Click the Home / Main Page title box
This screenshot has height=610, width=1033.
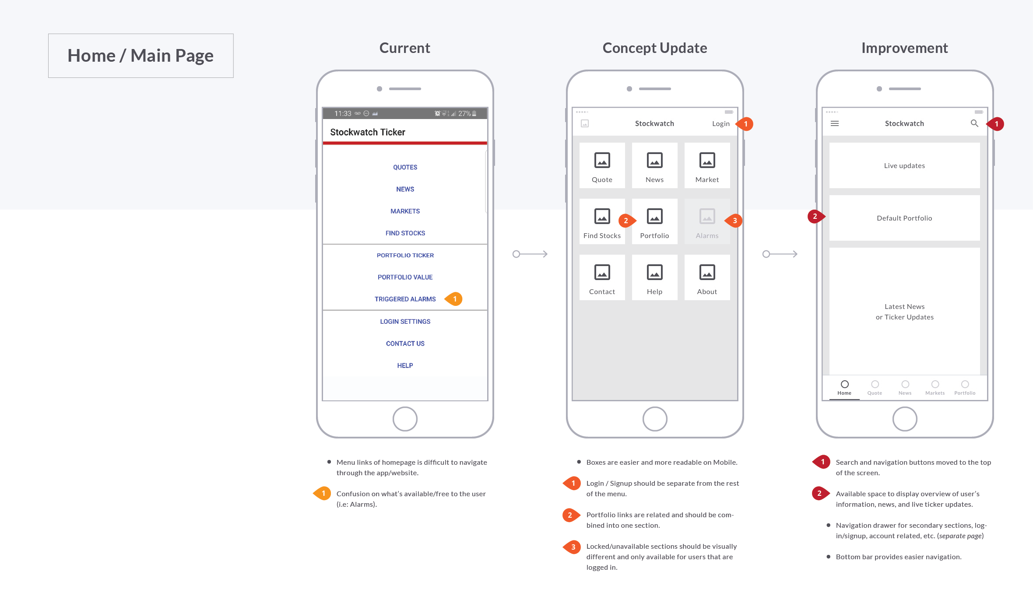tap(141, 56)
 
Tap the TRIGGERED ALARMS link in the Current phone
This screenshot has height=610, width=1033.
tap(405, 299)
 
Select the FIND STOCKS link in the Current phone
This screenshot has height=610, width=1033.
tap(405, 233)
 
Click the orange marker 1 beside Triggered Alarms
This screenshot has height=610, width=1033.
tap(454, 299)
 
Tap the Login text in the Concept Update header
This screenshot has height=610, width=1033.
tap(720, 124)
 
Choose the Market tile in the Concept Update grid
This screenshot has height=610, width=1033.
tap(707, 165)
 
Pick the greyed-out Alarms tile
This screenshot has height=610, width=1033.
tap(707, 221)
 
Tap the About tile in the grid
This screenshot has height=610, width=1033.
tap(707, 277)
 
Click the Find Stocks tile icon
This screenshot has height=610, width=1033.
tap(602, 216)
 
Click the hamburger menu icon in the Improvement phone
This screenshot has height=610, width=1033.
tap(835, 124)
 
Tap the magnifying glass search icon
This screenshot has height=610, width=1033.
tap(974, 123)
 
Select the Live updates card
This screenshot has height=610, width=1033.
tap(904, 165)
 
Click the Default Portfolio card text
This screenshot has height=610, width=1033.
tap(904, 218)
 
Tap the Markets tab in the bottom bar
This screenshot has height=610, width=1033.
tap(935, 388)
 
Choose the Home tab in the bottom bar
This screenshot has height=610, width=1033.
tap(844, 388)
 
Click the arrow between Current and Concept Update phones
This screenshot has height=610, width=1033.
tap(530, 254)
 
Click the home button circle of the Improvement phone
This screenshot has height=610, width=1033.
tap(905, 419)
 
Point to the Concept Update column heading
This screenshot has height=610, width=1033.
tap(654, 48)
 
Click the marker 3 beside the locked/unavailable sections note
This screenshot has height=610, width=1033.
tap(573, 547)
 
